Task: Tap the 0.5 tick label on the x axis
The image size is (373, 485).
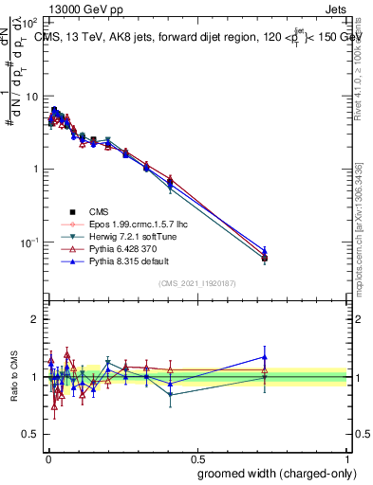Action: (x=196, y=456)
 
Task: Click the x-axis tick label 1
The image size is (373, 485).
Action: (x=348, y=456)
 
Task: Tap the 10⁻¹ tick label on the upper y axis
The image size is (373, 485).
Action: (x=28, y=242)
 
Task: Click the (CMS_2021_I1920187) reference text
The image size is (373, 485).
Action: (x=196, y=284)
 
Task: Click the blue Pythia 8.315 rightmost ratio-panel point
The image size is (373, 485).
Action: (x=265, y=357)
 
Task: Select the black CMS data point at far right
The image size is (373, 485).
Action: (x=265, y=258)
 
